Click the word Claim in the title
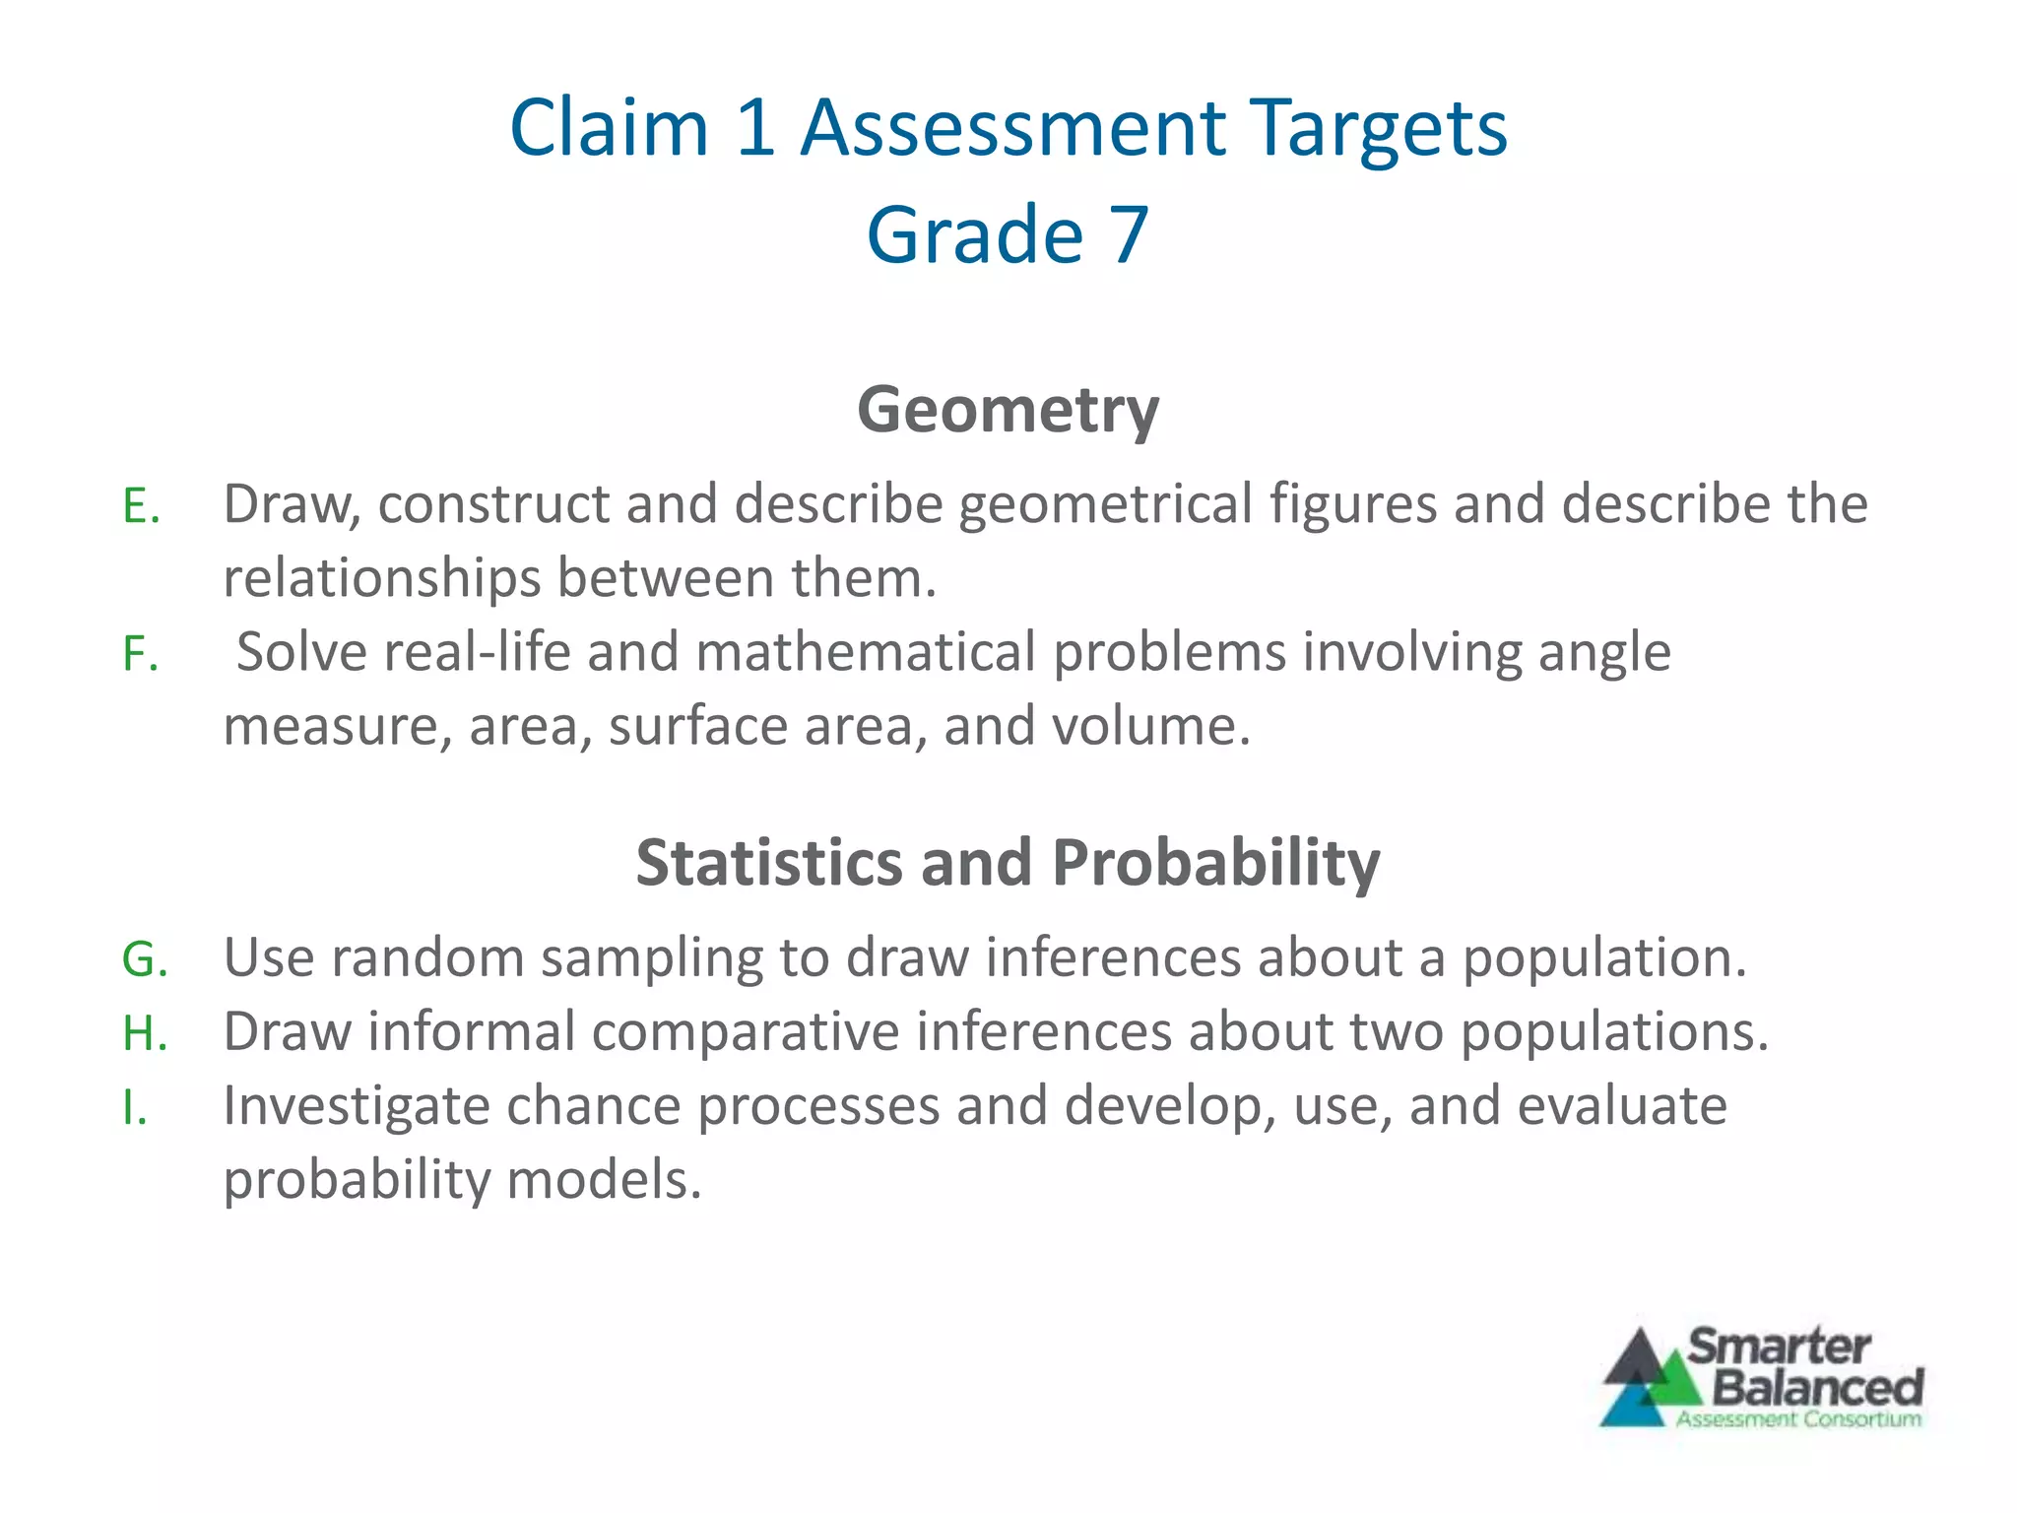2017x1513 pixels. click(610, 128)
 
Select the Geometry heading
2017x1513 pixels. click(1008, 409)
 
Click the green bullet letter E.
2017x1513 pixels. click(140, 507)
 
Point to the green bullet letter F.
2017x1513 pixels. click(140, 655)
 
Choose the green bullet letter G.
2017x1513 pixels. click(145, 959)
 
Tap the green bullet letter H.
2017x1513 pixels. click(145, 1034)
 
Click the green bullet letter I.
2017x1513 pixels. click(135, 1108)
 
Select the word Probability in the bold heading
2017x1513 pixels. click(1215, 863)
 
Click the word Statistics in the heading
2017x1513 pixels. click(769, 863)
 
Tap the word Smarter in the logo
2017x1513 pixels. click(1779, 1347)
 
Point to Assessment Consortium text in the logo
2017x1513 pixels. click(1798, 1419)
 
